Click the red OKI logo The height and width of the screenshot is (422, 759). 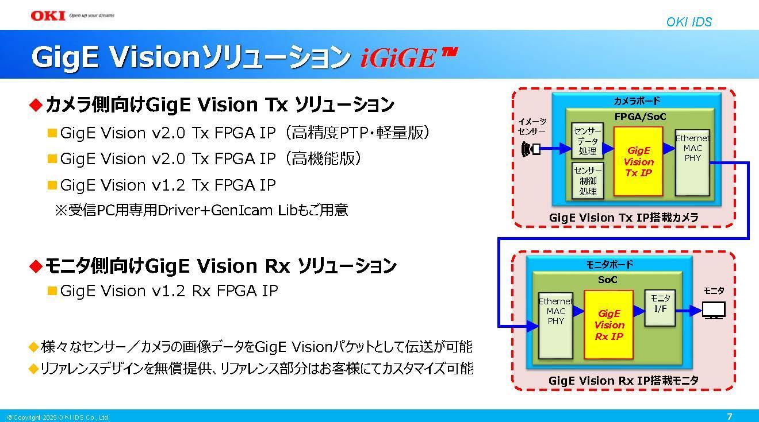coord(48,16)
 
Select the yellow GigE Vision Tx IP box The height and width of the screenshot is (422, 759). coord(638,161)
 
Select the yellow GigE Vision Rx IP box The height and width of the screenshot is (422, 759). coord(608,324)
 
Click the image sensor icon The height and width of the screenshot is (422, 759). coord(531,149)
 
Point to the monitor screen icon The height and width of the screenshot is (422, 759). coord(714,311)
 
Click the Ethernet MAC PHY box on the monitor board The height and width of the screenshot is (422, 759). coord(555,324)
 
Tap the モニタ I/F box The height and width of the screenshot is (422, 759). coord(660,308)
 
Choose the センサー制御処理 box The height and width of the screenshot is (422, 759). coord(588,180)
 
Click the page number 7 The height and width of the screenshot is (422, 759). coord(730,417)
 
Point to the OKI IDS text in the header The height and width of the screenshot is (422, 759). coord(689,22)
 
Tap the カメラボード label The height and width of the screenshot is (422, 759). coord(637,101)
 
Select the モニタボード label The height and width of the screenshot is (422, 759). coord(609,265)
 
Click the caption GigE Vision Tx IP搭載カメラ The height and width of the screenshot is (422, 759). coord(624,218)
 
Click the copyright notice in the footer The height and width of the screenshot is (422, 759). coord(58,417)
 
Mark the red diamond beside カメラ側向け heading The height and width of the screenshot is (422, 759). coord(36,104)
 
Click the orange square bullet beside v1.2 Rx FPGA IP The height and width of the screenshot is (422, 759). coord(52,291)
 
